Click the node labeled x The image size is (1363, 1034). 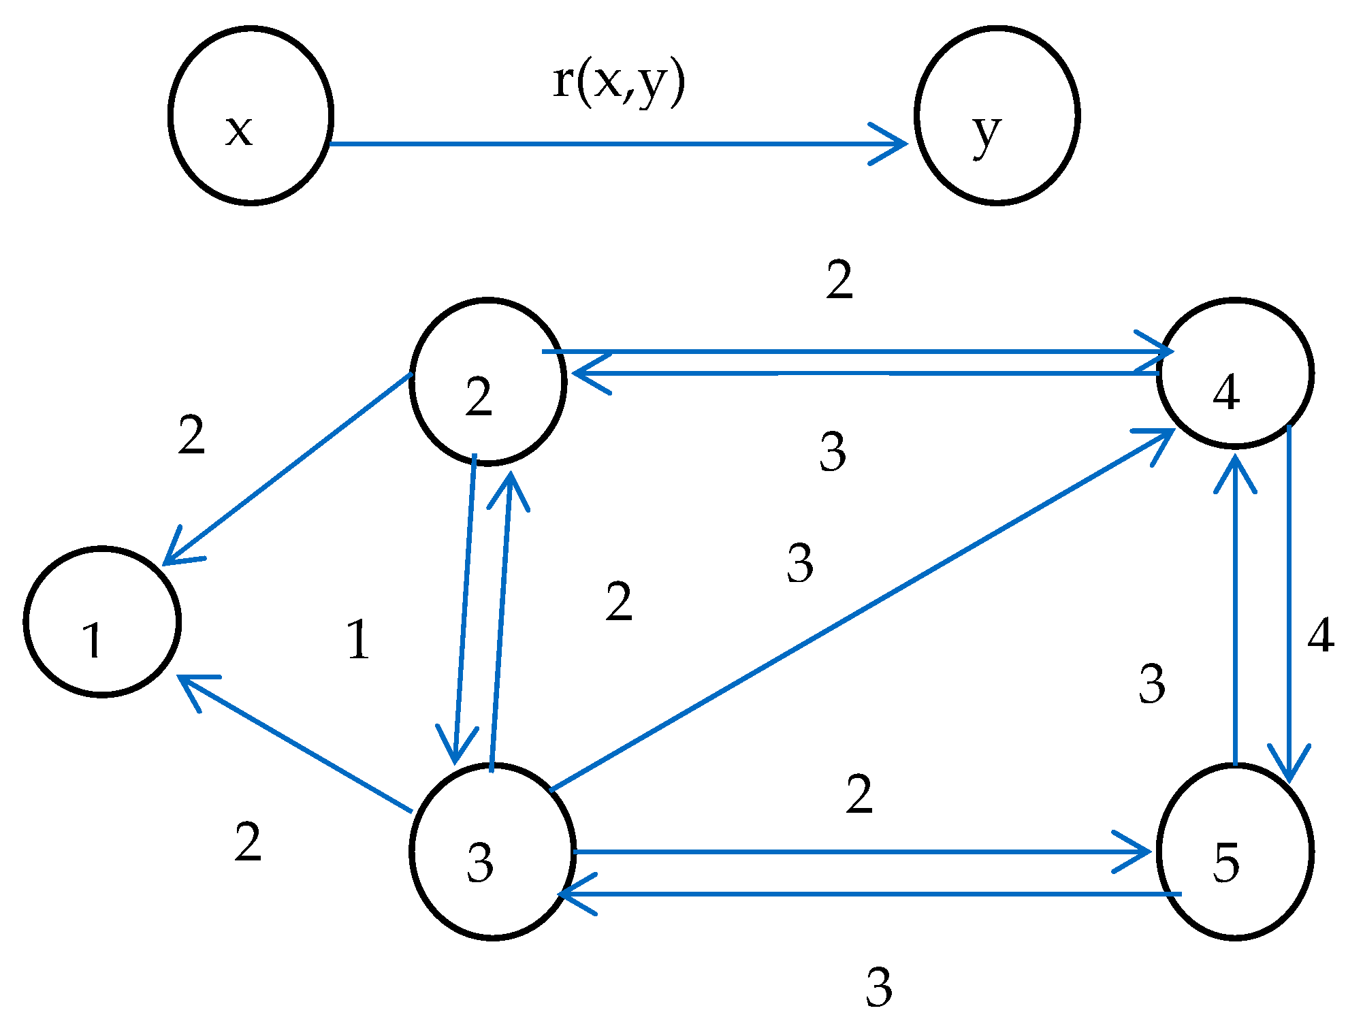tap(251, 116)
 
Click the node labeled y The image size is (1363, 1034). tap(997, 116)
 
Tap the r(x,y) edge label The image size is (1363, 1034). tap(618, 83)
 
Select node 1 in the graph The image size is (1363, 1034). tap(102, 622)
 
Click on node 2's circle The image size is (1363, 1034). tap(488, 381)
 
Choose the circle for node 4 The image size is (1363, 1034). tap(1235, 373)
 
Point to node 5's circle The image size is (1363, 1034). tap(1235, 852)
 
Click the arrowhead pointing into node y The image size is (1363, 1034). tap(895, 144)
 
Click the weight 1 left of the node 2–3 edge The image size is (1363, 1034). tap(358, 640)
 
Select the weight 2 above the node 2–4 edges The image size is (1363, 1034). tap(839, 280)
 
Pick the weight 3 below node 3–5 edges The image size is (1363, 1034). tap(879, 987)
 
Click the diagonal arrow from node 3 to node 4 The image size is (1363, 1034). tap(858, 613)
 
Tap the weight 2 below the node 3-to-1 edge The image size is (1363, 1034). tap(248, 842)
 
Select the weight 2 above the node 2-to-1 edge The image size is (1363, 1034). tap(191, 436)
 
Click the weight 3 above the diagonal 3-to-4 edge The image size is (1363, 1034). tap(800, 564)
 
